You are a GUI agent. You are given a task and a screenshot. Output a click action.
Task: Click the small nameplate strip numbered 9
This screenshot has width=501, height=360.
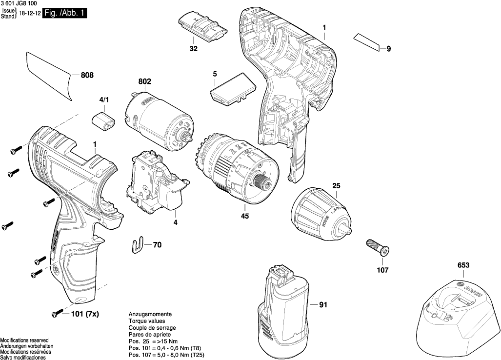[x=367, y=42]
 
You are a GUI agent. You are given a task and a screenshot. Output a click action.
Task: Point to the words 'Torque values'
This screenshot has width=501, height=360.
[x=146, y=321]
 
